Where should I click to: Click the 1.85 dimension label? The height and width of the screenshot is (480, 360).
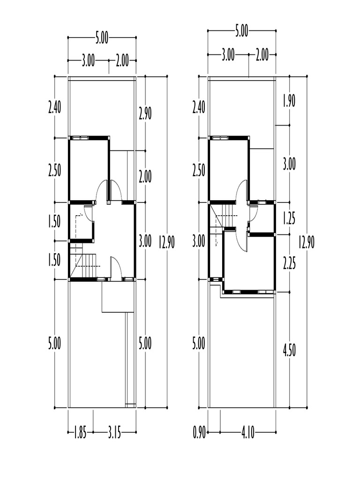click(x=80, y=434)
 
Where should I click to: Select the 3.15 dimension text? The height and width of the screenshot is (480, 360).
click(x=114, y=434)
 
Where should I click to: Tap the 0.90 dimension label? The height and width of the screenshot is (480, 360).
click(x=199, y=434)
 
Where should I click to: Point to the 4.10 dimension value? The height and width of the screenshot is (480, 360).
click(x=248, y=434)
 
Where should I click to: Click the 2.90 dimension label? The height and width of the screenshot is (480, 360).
click(x=145, y=114)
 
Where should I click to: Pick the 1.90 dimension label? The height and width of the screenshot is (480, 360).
click(x=289, y=101)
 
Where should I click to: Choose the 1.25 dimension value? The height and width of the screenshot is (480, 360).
click(x=289, y=219)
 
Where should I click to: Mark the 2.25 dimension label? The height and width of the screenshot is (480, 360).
click(x=289, y=263)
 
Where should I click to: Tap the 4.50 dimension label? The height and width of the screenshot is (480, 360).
click(x=289, y=351)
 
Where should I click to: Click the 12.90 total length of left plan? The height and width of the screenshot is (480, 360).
click(x=167, y=242)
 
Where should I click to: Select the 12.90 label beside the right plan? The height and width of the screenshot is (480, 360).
click(x=307, y=242)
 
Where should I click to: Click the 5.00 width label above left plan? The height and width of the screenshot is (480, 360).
click(x=102, y=38)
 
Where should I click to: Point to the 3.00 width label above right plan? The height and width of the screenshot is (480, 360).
click(x=228, y=56)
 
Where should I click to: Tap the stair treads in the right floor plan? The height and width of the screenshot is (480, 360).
click(x=228, y=215)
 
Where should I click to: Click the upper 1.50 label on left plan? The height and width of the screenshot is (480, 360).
click(x=54, y=222)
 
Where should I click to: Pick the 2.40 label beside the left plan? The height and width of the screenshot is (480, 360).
click(x=54, y=108)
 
